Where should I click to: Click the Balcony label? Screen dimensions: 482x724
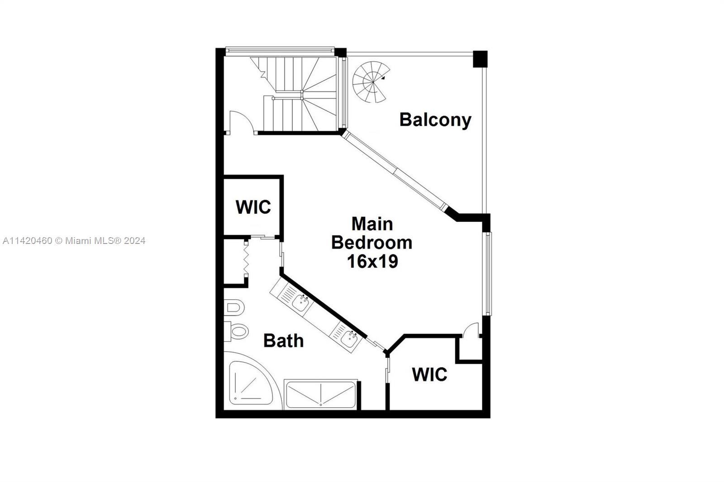(435, 120)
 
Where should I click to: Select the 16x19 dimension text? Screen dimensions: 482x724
(372, 261)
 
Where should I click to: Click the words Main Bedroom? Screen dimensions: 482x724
(372, 234)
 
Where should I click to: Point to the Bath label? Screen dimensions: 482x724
(283, 340)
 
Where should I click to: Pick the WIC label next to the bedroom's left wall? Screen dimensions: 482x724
(253, 207)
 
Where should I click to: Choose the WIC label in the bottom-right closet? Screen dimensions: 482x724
(429, 375)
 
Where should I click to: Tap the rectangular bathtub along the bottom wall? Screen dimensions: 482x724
(320, 394)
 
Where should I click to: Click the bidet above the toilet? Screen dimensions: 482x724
(234, 308)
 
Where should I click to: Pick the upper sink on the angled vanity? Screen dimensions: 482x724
(300, 302)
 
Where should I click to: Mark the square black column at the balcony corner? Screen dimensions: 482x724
(480, 59)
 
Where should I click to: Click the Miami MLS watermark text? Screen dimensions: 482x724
(74, 241)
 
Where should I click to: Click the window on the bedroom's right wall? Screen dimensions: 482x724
(488, 273)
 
